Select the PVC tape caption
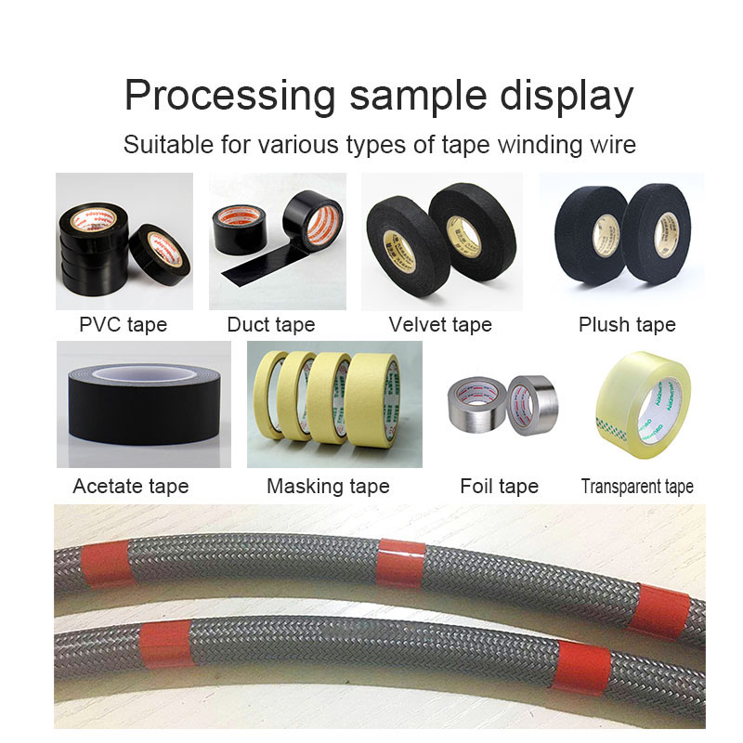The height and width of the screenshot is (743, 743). [x=124, y=324]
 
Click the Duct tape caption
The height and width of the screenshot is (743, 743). [x=270, y=324]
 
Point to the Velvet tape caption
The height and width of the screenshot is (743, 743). [x=440, y=324]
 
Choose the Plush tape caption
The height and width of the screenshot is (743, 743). [x=627, y=324]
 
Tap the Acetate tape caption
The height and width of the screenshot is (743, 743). [x=130, y=486]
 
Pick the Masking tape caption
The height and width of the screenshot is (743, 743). [x=328, y=486]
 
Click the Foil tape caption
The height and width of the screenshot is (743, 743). [x=499, y=486]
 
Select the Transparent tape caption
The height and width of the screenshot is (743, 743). [x=637, y=486]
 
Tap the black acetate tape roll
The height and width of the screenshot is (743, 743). [x=144, y=406]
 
